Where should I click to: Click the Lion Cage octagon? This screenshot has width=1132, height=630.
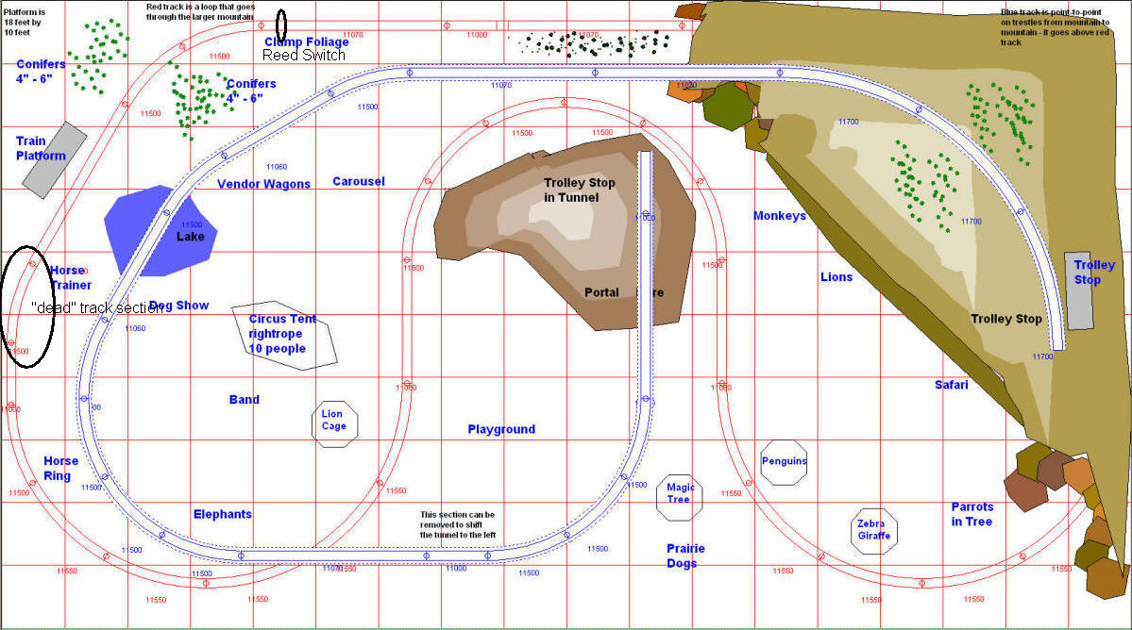(333, 420)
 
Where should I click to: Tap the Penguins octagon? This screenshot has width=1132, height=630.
(784, 461)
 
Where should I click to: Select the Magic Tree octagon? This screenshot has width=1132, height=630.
(680, 495)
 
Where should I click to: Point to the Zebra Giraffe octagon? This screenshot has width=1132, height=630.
(872, 530)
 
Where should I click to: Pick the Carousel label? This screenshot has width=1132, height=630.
(359, 181)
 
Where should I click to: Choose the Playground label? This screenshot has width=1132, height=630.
(501, 429)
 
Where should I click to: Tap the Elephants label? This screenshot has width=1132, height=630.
(223, 514)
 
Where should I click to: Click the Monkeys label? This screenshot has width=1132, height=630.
(780, 216)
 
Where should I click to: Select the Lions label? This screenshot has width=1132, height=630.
(836, 277)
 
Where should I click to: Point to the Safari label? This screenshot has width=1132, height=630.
(952, 385)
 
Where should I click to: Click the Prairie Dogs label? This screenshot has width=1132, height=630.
(685, 556)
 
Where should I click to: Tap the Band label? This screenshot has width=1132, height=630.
(244, 400)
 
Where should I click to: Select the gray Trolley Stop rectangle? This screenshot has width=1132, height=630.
(1079, 290)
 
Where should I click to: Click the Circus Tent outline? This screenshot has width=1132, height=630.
(283, 335)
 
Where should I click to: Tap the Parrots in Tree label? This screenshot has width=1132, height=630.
(971, 514)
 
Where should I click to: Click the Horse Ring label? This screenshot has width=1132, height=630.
(61, 469)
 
